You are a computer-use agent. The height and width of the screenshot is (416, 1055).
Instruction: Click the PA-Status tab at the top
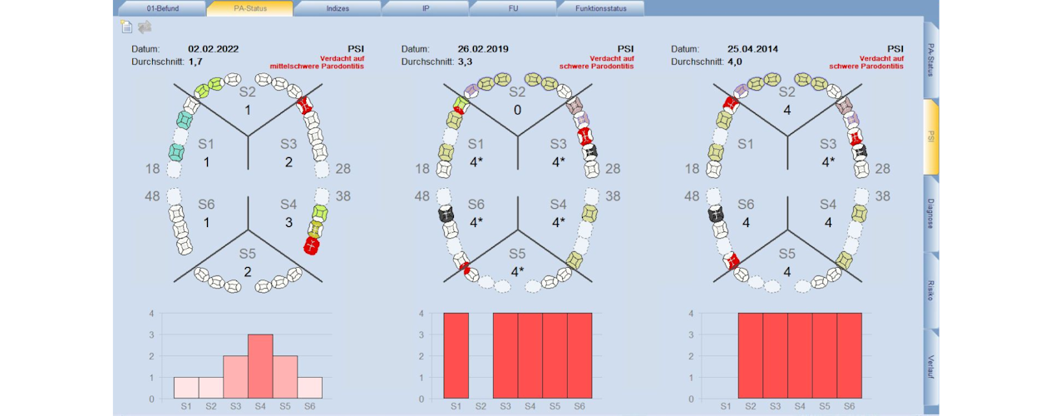pos(250,8)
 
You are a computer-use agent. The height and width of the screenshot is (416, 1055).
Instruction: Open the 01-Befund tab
pos(162,8)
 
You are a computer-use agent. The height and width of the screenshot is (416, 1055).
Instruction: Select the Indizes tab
pos(338,8)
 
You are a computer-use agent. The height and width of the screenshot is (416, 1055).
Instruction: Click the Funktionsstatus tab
pos(600,8)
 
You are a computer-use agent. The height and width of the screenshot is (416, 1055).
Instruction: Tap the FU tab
pos(513,8)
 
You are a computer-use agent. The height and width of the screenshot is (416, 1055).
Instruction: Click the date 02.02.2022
pos(214,49)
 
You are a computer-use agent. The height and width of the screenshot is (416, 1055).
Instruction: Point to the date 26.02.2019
pos(483,49)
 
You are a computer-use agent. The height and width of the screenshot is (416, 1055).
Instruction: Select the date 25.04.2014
pos(752,49)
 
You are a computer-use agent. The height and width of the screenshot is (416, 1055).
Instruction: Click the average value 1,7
pos(195,62)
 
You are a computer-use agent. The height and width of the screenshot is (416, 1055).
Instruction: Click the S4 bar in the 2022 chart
pos(260,367)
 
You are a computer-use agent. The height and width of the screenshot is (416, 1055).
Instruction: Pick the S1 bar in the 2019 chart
pos(456,356)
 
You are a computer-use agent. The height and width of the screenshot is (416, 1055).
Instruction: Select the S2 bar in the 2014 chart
pos(751,356)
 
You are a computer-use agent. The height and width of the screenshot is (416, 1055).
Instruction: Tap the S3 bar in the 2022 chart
pos(235,378)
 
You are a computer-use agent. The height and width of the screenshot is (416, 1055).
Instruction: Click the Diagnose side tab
pos(930,214)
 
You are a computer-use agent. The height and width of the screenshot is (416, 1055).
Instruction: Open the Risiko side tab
pos(930,290)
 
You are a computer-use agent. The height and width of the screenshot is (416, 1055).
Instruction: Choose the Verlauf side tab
pos(930,367)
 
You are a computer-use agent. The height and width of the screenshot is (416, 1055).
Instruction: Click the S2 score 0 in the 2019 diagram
pos(517,111)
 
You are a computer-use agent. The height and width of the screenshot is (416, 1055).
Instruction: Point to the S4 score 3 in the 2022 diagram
pos(288,222)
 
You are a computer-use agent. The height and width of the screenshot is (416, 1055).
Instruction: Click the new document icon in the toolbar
pos(126,27)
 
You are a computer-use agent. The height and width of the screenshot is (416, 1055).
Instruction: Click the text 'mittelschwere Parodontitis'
pos(317,67)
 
